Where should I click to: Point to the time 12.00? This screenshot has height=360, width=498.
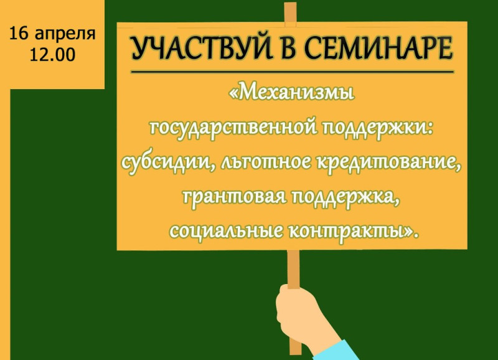click(52, 55)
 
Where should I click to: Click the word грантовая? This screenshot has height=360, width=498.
click(235, 197)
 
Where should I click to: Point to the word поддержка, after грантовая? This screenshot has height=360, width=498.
click(345, 197)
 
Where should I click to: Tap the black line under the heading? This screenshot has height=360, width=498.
click(292, 72)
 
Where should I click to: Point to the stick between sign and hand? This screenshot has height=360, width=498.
click(293, 269)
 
